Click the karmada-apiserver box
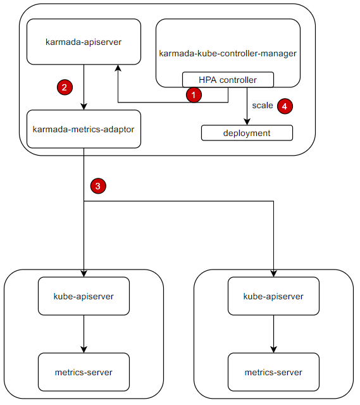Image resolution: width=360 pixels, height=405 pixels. pos(84,42)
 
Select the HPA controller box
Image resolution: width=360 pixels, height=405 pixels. pos(228,80)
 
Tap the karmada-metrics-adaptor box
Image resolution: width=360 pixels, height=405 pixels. pos(84,129)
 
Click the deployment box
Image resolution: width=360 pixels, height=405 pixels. pos(247,133)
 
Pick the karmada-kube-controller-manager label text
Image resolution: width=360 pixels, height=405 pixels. pos(228,54)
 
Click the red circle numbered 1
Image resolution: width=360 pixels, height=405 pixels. pos(194,95)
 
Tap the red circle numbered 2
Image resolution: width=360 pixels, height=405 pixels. pos(64,87)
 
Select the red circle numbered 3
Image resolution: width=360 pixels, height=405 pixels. pos(98,185)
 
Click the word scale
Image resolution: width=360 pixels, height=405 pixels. pos(263,106)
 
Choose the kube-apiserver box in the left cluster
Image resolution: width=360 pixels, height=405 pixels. pos(84,296)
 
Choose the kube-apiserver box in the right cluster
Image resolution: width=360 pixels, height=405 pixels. pos(273,296)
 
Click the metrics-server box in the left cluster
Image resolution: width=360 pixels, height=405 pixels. pos(84,372)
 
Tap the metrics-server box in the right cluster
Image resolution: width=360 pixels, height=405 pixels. pos(273,372)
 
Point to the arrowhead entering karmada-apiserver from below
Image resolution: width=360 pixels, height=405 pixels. pos(117,68)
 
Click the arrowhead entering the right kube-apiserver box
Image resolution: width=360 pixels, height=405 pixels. pos(273,273)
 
